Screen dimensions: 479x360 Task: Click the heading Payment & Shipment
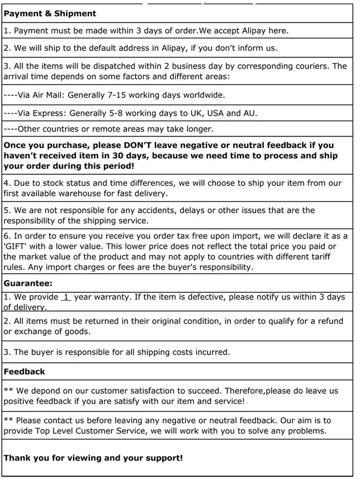[50, 14]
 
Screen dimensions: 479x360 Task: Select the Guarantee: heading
[28, 283]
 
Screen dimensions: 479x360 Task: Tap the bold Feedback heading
[24, 372]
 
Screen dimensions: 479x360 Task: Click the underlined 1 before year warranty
[66, 297]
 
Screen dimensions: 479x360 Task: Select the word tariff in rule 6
[317, 257]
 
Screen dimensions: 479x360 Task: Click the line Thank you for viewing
[93, 458]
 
